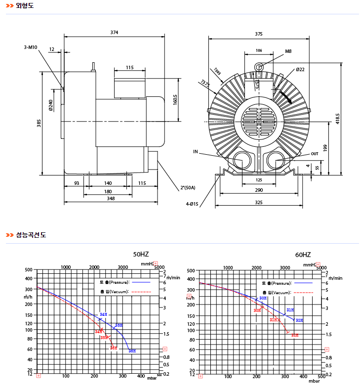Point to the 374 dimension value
(x=114, y=33)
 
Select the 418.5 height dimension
(x=338, y=119)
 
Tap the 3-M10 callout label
(x=31, y=47)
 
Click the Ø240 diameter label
(x=50, y=105)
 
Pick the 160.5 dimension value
(x=175, y=99)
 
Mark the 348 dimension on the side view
(x=111, y=199)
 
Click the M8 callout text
(x=288, y=51)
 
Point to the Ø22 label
(x=300, y=70)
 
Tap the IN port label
(x=195, y=152)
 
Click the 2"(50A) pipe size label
(x=188, y=188)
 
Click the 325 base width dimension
(x=259, y=203)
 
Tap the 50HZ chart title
(x=141, y=254)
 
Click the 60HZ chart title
(x=303, y=255)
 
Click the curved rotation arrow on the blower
(x=285, y=96)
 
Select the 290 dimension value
(x=259, y=190)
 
